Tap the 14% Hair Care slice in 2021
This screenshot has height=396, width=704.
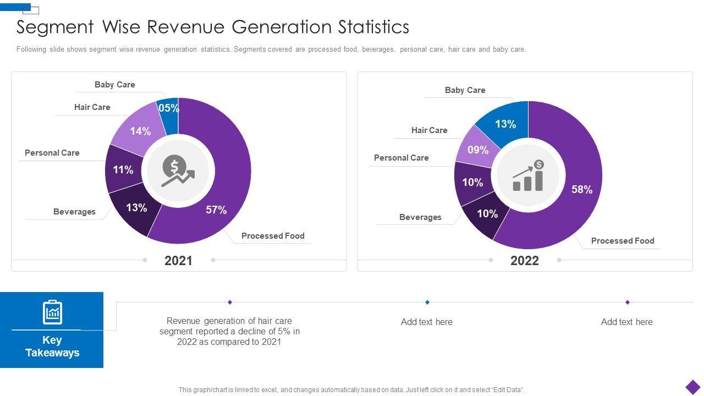pyautogui.click(x=140, y=130)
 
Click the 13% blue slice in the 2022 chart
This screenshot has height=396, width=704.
pyautogui.click(x=505, y=123)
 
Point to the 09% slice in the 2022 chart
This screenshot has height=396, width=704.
pyautogui.click(x=478, y=148)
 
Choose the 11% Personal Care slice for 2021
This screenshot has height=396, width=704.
pyautogui.click(x=124, y=169)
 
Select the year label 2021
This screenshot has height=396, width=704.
pyautogui.click(x=179, y=261)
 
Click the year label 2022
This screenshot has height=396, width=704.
pyautogui.click(x=525, y=261)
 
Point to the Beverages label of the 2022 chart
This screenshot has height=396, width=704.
pyautogui.click(x=420, y=217)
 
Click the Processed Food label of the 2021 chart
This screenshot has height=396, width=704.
pyautogui.click(x=273, y=236)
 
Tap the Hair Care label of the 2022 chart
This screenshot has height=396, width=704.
pyautogui.click(x=430, y=130)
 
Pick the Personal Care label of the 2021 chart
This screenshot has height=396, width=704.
pyautogui.click(x=52, y=153)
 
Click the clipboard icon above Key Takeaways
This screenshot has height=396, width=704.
pyautogui.click(x=52, y=312)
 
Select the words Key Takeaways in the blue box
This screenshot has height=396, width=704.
pyautogui.click(x=52, y=346)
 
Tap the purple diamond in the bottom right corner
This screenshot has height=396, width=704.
pyautogui.click(x=693, y=387)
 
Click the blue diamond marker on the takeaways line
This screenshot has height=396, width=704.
pyautogui.click(x=427, y=302)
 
